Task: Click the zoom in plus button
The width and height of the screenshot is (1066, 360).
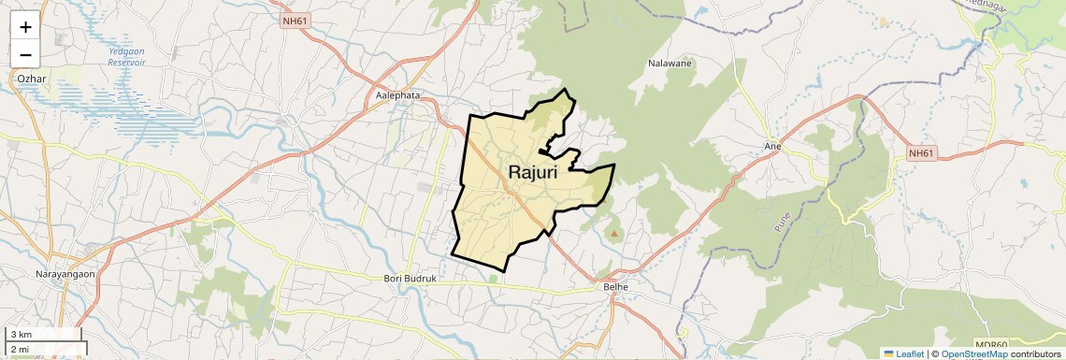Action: [x=25, y=27]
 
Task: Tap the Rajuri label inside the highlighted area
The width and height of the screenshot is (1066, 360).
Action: [x=533, y=172]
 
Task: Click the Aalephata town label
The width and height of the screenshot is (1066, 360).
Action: [x=397, y=95]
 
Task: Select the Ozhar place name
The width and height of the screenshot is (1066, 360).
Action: [x=32, y=79]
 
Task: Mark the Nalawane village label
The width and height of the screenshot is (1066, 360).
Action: [x=669, y=65]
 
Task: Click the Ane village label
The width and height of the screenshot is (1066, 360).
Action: [x=772, y=147]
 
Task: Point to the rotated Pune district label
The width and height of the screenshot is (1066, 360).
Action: [x=783, y=221]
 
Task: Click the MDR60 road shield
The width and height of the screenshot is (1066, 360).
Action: [x=990, y=344]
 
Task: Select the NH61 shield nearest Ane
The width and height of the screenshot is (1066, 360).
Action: [x=921, y=153]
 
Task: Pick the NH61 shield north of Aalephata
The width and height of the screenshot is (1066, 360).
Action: [x=294, y=20]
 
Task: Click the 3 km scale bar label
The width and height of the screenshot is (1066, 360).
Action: [x=21, y=334]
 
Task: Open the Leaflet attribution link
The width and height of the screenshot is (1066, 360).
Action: [x=903, y=353]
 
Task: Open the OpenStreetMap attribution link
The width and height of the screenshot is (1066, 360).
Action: [x=973, y=353]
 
